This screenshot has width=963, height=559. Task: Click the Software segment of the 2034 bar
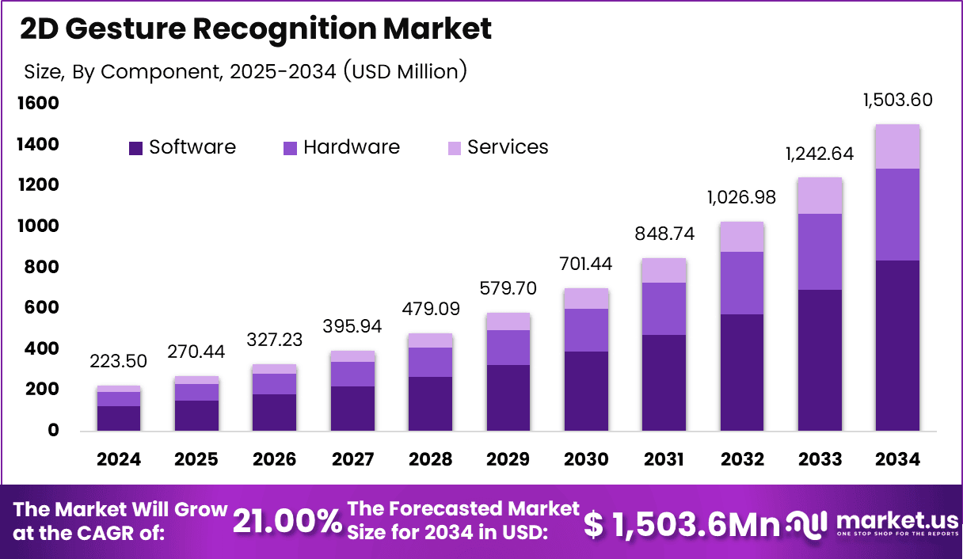coord(897,345)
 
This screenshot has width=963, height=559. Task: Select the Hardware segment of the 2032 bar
coord(742,283)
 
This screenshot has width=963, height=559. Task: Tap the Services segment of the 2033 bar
coord(820,196)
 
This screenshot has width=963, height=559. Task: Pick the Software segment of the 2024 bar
coord(119,419)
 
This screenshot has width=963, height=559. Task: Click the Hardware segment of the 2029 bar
coord(508,348)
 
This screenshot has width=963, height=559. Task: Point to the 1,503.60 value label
coord(897,100)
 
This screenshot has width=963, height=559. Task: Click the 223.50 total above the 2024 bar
coord(118,361)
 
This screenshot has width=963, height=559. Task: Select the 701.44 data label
coord(585,264)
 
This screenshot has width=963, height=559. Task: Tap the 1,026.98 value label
coord(741,198)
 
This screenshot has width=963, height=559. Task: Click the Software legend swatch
coord(136,148)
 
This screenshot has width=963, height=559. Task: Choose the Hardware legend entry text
coord(352,147)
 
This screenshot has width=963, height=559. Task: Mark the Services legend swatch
coord(455,148)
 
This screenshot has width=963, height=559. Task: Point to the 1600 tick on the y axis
coord(38,103)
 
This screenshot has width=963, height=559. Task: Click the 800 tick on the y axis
coord(41,267)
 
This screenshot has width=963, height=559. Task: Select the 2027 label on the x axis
coord(352,459)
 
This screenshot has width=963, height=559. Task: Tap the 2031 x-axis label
coord(664,459)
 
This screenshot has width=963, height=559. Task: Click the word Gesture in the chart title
coord(126,29)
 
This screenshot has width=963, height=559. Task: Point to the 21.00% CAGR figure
coord(287,521)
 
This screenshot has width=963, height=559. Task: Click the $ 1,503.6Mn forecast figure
coord(681,524)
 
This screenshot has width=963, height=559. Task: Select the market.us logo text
coord(897,521)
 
